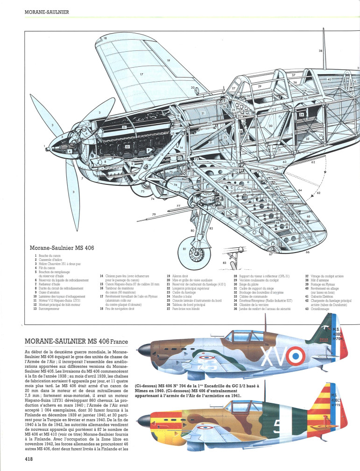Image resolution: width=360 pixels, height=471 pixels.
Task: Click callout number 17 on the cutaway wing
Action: point(141,74)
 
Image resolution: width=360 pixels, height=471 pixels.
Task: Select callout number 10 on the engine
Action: point(127,147)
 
